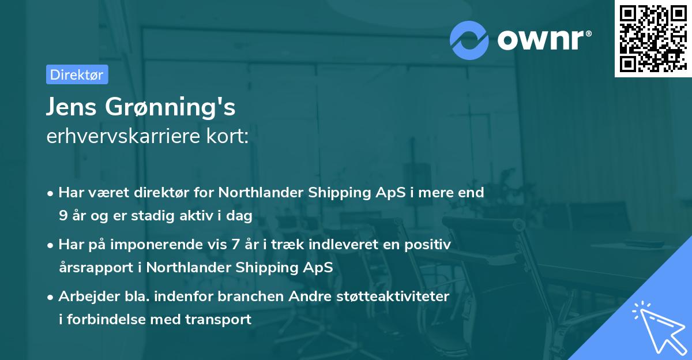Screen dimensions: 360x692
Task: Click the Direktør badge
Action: pos(77,74)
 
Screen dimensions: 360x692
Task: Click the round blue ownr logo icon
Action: pos(469,39)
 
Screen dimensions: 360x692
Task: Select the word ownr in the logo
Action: pos(544,39)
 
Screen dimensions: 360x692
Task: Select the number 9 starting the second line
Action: pos(62,216)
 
